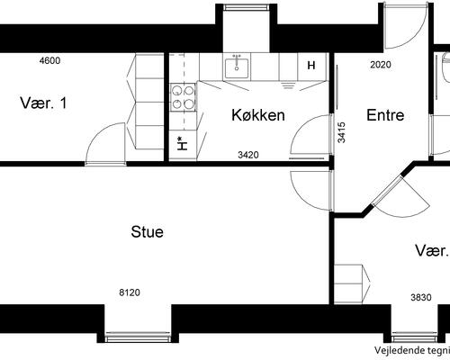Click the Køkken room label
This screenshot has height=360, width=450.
[x=258, y=115]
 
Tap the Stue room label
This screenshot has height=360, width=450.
[x=148, y=232]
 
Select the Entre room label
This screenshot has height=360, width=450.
[x=385, y=115]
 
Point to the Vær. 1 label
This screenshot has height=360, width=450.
[x=44, y=103]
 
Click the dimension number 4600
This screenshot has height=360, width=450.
[x=49, y=61]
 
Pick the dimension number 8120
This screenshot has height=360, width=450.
[x=130, y=292]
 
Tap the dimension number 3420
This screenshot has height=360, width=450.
[x=248, y=155]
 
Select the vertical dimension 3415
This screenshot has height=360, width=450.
[x=342, y=132]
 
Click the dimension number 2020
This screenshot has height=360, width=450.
[x=381, y=65]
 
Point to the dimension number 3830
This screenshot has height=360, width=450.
[x=421, y=297]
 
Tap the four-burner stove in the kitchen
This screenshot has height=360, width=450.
[x=183, y=97]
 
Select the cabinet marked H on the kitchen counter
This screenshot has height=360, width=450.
[x=311, y=66]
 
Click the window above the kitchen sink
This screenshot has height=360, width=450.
[x=246, y=7]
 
